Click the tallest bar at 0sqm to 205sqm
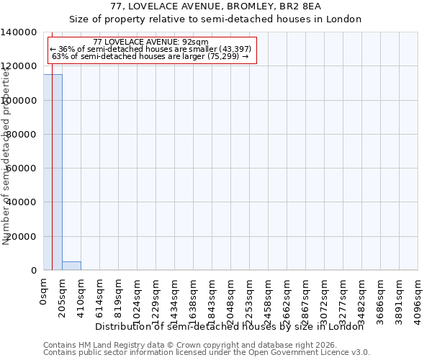coord(53,173)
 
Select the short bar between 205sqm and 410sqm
coord(71,266)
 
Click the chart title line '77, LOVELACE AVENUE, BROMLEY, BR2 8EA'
coord(216,6)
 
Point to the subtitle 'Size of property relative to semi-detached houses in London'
coord(216,19)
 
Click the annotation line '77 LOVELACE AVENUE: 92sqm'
coord(150,42)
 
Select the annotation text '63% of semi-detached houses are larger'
coord(150,56)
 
